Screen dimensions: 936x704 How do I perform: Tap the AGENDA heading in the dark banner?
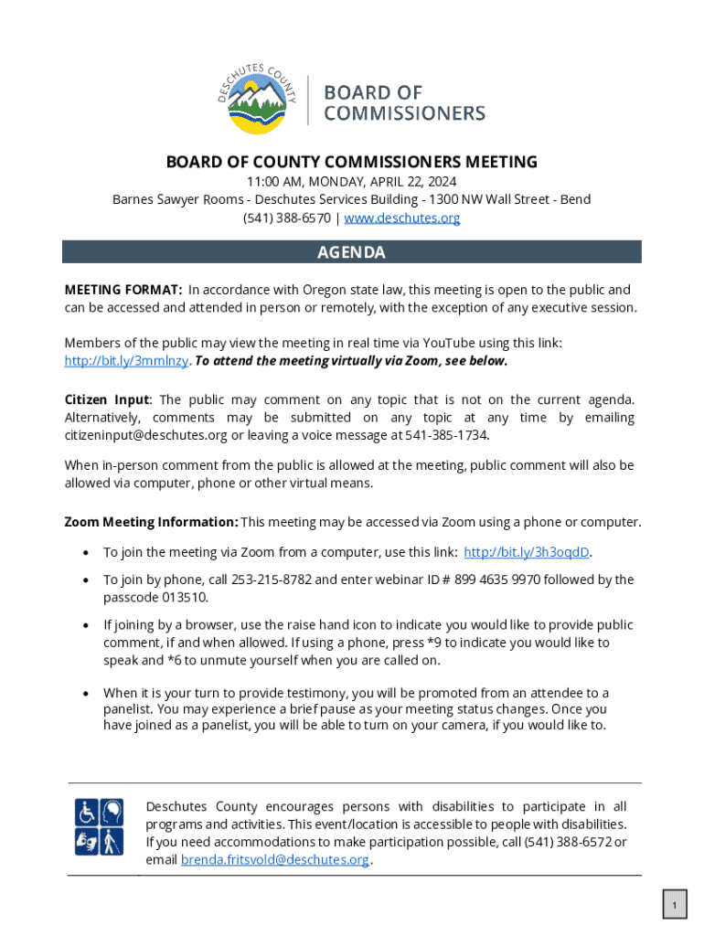coord(351,252)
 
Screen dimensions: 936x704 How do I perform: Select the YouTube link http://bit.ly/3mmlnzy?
coord(126,361)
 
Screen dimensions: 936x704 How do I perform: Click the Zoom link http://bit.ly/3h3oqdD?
coord(527,552)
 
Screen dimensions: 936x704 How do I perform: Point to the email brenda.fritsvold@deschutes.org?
coord(275,860)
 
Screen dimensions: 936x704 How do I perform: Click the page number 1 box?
coord(674,906)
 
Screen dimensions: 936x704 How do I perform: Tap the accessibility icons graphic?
coord(100,826)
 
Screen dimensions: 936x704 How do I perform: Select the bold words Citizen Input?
coord(106,399)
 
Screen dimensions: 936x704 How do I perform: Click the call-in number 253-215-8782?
coord(272,580)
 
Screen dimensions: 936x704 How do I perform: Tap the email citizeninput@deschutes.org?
coord(145,435)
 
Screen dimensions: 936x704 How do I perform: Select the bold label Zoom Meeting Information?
coord(151,523)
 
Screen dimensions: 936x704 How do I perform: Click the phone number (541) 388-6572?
coord(567,842)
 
